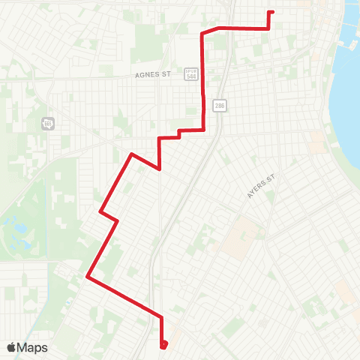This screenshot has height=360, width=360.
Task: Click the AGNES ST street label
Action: pyautogui.click(x=154, y=75)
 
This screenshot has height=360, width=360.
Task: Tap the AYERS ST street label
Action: pyautogui.click(x=262, y=186)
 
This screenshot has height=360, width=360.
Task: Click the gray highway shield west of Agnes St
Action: pyautogui.click(x=49, y=122)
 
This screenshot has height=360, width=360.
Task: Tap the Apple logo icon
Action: pyautogui.click(x=12, y=347)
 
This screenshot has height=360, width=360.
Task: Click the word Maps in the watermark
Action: pyautogui.click(x=34, y=347)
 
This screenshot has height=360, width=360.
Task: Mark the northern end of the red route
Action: pyautogui.click(x=271, y=12)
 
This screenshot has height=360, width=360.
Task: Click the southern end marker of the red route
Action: pyautogui.click(x=163, y=345)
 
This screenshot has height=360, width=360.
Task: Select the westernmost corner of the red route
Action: pyautogui.click(x=88, y=276)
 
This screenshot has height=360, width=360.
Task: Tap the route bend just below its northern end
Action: pyautogui.click(x=268, y=28)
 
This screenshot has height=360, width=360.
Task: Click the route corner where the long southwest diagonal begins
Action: pyautogui.click(x=132, y=154)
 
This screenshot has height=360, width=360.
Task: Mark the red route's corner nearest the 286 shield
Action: pyautogui.click(x=204, y=130)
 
